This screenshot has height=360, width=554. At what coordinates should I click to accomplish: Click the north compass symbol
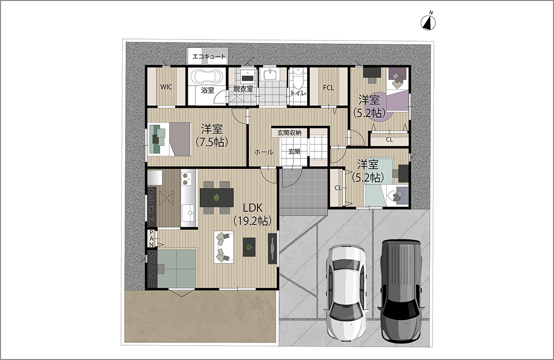428,22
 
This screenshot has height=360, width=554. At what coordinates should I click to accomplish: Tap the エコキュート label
209,56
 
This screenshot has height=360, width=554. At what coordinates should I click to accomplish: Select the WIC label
166,87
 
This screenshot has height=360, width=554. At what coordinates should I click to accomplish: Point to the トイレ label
298,93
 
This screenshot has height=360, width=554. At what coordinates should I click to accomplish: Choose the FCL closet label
329,87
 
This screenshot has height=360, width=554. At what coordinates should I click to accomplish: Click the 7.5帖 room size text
212,142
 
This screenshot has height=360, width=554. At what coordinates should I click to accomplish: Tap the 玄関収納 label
289,133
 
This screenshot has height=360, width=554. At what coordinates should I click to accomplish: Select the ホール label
264,152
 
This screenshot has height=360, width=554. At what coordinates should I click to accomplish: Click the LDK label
252,207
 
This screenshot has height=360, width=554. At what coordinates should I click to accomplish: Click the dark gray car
401,290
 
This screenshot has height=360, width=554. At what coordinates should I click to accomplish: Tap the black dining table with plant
216,197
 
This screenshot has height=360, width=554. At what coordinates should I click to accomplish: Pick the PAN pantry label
151,238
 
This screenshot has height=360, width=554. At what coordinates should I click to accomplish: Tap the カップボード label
151,207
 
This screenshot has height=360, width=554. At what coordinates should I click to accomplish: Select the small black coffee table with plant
249,247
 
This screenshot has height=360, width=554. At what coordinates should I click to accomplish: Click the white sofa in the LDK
224,247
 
